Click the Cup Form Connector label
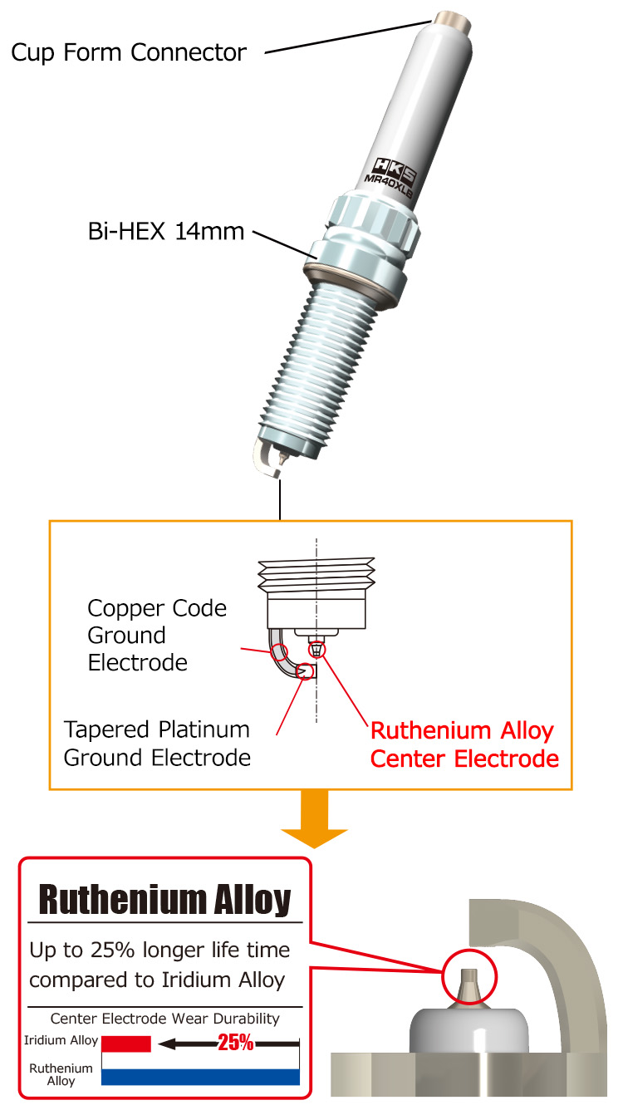click(129, 53)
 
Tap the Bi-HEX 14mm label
click(166, 230)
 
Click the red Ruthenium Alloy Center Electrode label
click(464, 744)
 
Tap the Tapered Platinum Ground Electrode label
click(157, 744)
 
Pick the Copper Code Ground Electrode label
click(157, 636)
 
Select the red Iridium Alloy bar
click(125, 1044)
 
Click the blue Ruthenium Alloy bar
click(199, 1077)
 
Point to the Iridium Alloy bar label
click(61, 1040)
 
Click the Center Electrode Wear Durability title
click(164, 1019)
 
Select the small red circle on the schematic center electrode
click(316, 650)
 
